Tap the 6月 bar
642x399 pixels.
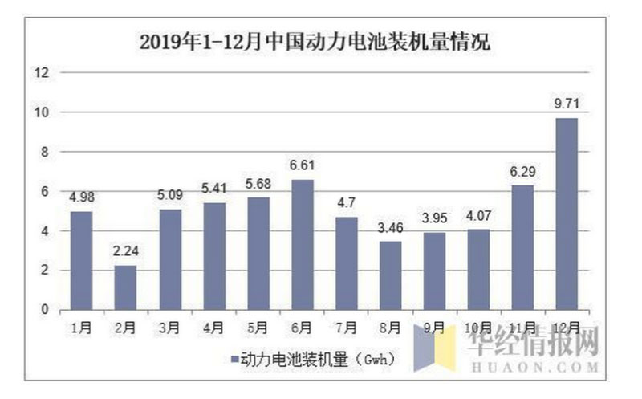click(x=302, y=245)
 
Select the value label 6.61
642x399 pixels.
click(x=302, y=165)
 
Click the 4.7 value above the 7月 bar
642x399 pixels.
click(x=347, y=202)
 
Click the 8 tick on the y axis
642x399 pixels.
click(x=46, y=152)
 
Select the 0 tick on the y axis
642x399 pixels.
click(x=46, y=310)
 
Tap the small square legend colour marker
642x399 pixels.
click(x=233, y=360)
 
